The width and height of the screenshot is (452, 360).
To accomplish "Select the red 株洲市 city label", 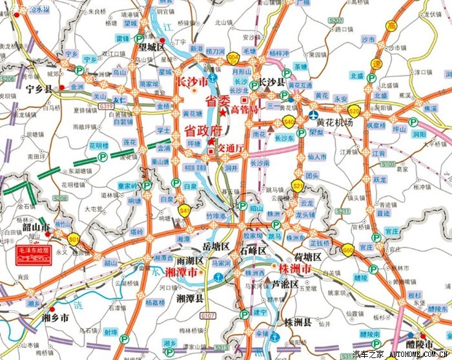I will click(x=296, y=268).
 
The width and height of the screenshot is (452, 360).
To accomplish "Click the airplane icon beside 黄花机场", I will click(x=312, y=122).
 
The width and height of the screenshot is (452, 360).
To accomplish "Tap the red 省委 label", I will click(x=218, y=101).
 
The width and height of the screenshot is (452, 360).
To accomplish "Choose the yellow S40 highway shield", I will click(x=289, y=120).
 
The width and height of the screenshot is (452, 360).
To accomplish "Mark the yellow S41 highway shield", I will click(x=185, y=210).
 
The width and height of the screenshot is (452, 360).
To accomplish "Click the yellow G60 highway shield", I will click(x=348, y=249).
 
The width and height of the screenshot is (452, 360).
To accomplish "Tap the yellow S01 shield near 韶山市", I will click(x=74, y=240).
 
